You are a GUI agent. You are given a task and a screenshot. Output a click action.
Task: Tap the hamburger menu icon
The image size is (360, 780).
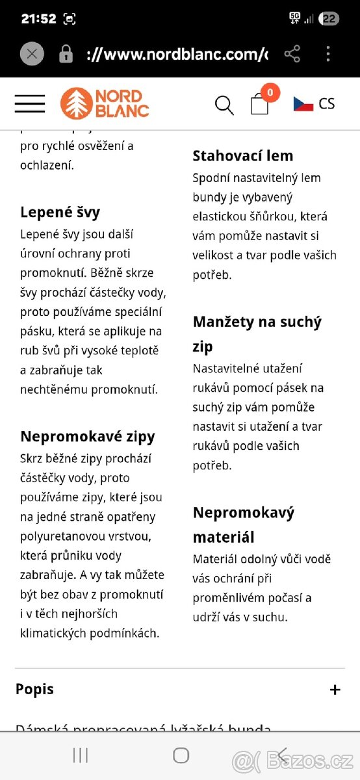(30, 104)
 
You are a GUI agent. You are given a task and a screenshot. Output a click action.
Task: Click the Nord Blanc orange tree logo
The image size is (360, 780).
(76, 104)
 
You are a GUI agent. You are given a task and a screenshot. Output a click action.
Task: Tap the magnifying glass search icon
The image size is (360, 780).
(224, 105)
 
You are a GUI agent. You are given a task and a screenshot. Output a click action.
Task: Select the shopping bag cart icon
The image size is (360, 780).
(260, 104)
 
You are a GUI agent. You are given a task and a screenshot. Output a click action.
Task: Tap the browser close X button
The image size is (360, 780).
(32, 54)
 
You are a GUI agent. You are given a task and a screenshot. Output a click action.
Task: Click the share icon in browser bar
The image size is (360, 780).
(292, 54)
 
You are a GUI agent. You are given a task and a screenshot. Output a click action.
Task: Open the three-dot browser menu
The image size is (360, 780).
(328, 54)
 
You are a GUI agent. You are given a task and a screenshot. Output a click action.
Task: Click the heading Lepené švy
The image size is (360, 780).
(60, 212)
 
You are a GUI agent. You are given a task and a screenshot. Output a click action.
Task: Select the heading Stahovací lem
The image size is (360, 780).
(243, 155)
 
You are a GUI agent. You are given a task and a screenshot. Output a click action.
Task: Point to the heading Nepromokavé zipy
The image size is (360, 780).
(88, 436)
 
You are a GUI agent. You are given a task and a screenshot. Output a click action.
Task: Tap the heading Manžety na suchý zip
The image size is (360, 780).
(257, 333)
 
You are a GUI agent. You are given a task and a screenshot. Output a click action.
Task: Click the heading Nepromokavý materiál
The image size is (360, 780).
(244, 525)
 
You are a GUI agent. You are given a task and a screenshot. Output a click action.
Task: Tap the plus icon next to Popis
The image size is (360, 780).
(335, 690)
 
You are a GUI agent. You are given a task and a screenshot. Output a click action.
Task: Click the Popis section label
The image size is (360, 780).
(34, 689)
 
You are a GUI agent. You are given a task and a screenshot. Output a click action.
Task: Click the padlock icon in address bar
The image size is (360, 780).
(66, 55)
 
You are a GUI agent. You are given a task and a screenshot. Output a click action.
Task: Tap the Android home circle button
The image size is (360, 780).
(181, 755)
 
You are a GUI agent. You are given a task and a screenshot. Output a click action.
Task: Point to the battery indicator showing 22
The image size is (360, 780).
(329, 19)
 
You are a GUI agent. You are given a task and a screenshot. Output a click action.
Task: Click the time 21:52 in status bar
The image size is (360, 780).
(38, 19)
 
